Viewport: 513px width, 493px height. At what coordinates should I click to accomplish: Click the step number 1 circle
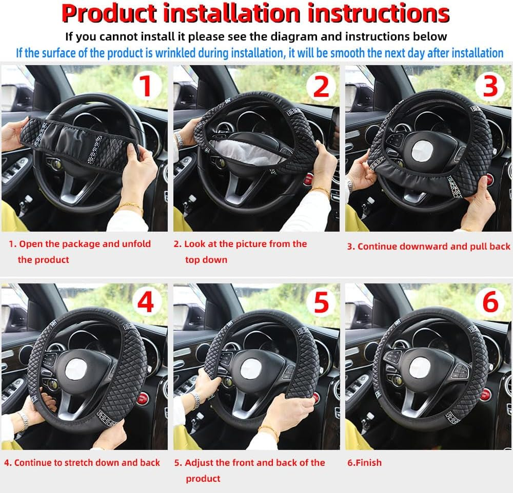coord(146,86)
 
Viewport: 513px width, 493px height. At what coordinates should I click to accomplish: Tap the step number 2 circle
coord(321,86)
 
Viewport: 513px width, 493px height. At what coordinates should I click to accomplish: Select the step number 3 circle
coord(490,86)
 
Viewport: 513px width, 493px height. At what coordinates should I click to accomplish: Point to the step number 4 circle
coord(146,302)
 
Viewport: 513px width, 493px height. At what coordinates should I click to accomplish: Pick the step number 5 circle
coord(321,302)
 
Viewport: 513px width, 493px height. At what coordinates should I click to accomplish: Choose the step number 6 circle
coord(490,302)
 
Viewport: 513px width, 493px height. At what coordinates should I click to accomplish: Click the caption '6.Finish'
coord(364,462)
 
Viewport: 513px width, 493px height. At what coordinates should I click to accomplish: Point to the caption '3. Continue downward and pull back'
coord(428,246)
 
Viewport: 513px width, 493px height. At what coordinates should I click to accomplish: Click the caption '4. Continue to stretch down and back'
coord(82,462)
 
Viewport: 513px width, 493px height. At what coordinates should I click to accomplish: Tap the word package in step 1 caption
coord(78,243)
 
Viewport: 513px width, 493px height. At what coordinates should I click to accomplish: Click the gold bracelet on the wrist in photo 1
coord(128,208)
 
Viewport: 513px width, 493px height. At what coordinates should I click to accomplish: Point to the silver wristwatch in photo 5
coord(195,400)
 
